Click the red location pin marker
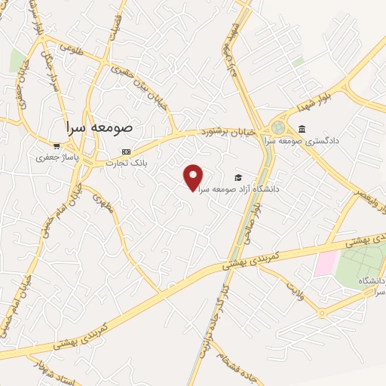(x=194, y=177)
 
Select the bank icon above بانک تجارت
(x=125, y=151)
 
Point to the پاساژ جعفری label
(x=57, y=158)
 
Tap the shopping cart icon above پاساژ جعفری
(x=57, y=146)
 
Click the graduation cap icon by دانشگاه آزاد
(x=238, y=178)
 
